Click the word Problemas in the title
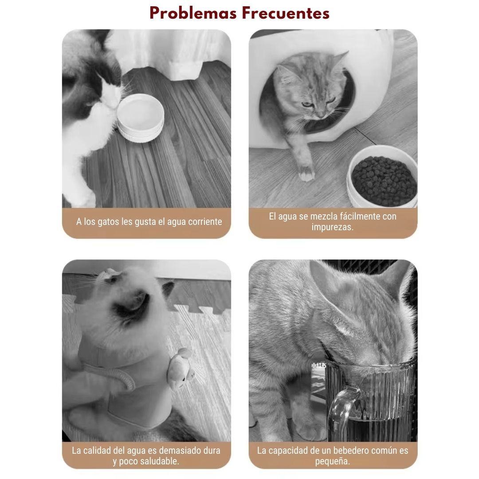coord(193,14)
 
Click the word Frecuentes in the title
coord(286,14)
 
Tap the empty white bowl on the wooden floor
coord(141,118)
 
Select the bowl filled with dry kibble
coord(382,177)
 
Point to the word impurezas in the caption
coord(332,227)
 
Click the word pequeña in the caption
coord(332,461)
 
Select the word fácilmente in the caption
coord(360,216)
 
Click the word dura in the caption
coord(212,450)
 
